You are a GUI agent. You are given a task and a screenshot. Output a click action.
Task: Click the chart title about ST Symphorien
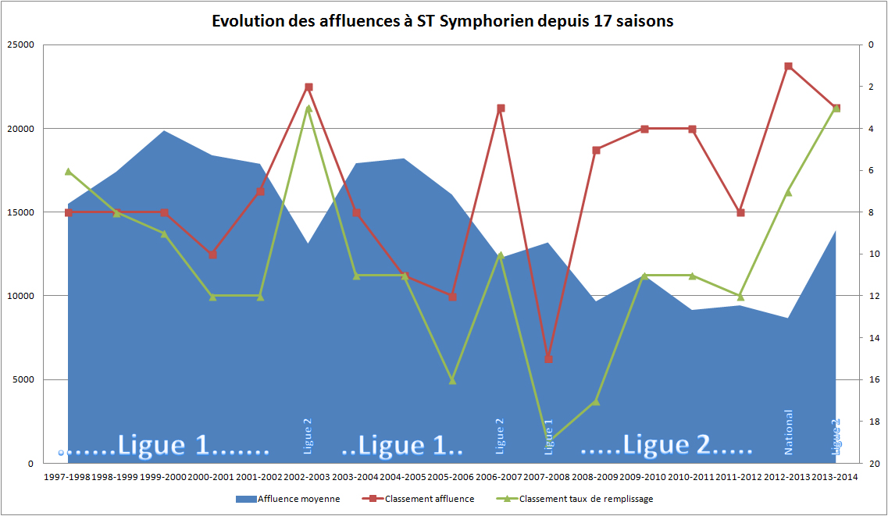(443, 21)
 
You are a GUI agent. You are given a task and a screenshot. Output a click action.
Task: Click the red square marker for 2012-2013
(788, 66)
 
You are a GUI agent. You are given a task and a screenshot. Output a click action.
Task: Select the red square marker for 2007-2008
(548, 359)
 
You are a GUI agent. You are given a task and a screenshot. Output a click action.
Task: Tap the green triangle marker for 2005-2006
(452, 380)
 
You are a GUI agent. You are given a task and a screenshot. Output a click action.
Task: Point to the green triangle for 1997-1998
(69, 171)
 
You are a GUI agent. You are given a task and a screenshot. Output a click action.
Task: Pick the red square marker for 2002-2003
(308, 87)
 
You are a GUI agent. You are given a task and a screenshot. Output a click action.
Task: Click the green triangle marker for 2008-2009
(596, 401)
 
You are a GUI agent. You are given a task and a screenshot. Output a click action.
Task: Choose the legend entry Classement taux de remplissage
(586, 499)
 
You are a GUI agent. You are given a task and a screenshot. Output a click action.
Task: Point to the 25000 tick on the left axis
(21, 44)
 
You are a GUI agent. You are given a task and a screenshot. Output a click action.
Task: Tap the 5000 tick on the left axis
(23, 380)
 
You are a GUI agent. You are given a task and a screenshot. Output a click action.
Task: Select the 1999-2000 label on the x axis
(164, 476)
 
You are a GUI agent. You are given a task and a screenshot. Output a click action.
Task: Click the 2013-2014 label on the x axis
(836, 476)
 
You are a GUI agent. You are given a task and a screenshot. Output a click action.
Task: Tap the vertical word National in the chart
(788, 432)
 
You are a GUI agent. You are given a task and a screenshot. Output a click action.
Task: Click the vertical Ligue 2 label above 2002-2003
(308, 435)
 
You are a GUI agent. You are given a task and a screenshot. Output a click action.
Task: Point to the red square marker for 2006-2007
(501, 108)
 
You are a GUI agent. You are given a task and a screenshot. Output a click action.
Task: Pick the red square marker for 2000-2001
(212, 254)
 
